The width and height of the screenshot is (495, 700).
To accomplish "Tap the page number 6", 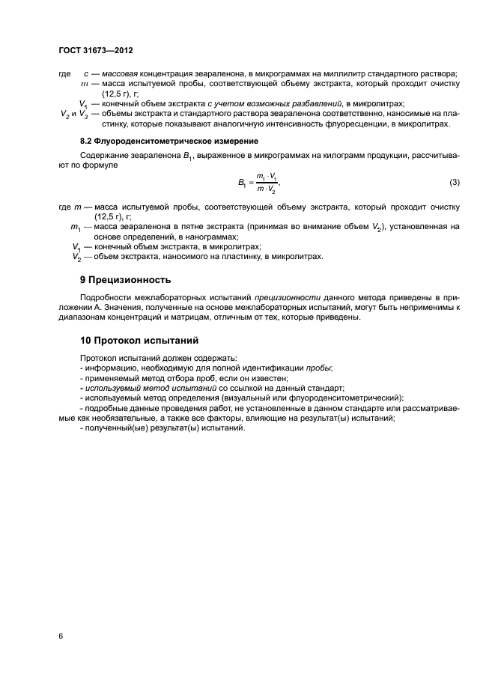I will coord(61,636).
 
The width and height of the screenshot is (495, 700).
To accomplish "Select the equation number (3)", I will coord(454,183).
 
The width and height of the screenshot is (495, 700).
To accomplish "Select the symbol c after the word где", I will coord(88,73).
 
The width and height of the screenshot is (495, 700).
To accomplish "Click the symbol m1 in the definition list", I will coord(76,225).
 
